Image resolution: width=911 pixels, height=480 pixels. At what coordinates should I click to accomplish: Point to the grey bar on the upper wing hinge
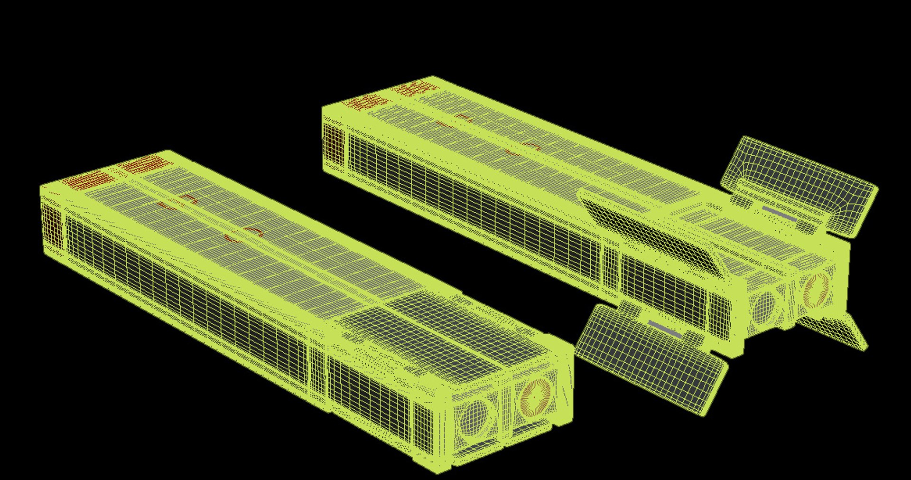point(780,213)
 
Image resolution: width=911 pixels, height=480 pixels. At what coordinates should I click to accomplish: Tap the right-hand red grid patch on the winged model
point(415,88)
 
